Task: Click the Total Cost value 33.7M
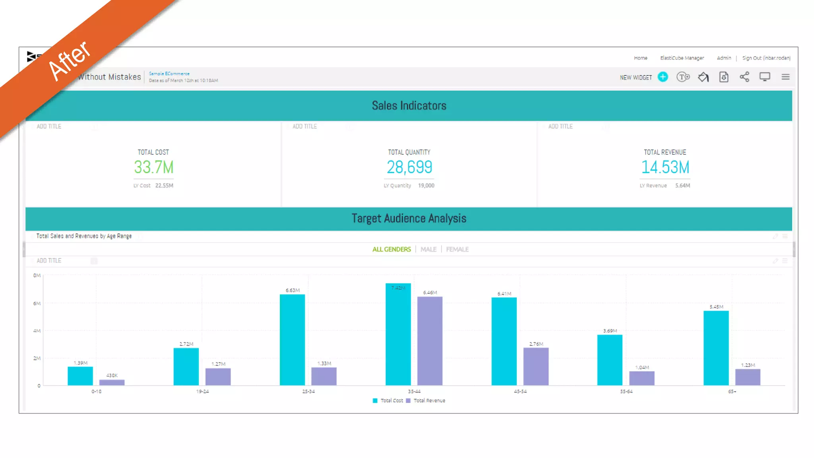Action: [153, 167]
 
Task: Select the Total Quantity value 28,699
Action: [409, 167]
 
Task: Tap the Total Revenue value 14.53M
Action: [665, 167]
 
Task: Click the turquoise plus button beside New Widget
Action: [663, 77]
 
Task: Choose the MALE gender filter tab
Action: [428, 249]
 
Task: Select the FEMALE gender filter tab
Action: [457, 249]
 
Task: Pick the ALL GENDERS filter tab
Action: [391, 249]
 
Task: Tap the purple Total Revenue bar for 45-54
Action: [536, 366]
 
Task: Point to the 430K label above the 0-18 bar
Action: [112, 375]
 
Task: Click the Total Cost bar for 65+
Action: [716, 348]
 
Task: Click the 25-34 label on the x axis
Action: [308, 392]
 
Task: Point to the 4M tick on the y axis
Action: [37, 331]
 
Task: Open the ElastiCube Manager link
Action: [682, 58]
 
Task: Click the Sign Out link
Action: [766, 58]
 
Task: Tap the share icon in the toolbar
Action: [744, 77]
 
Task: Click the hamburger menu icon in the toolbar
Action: [785, 77]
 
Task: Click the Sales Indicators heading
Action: [409, 106]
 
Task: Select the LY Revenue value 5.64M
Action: [682, 186]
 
